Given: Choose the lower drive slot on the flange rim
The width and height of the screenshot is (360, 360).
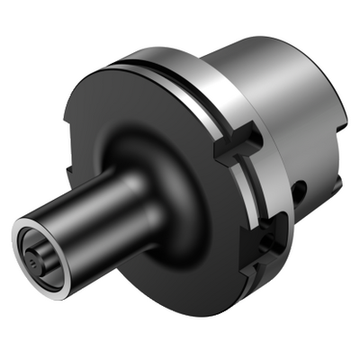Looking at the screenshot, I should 270,241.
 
